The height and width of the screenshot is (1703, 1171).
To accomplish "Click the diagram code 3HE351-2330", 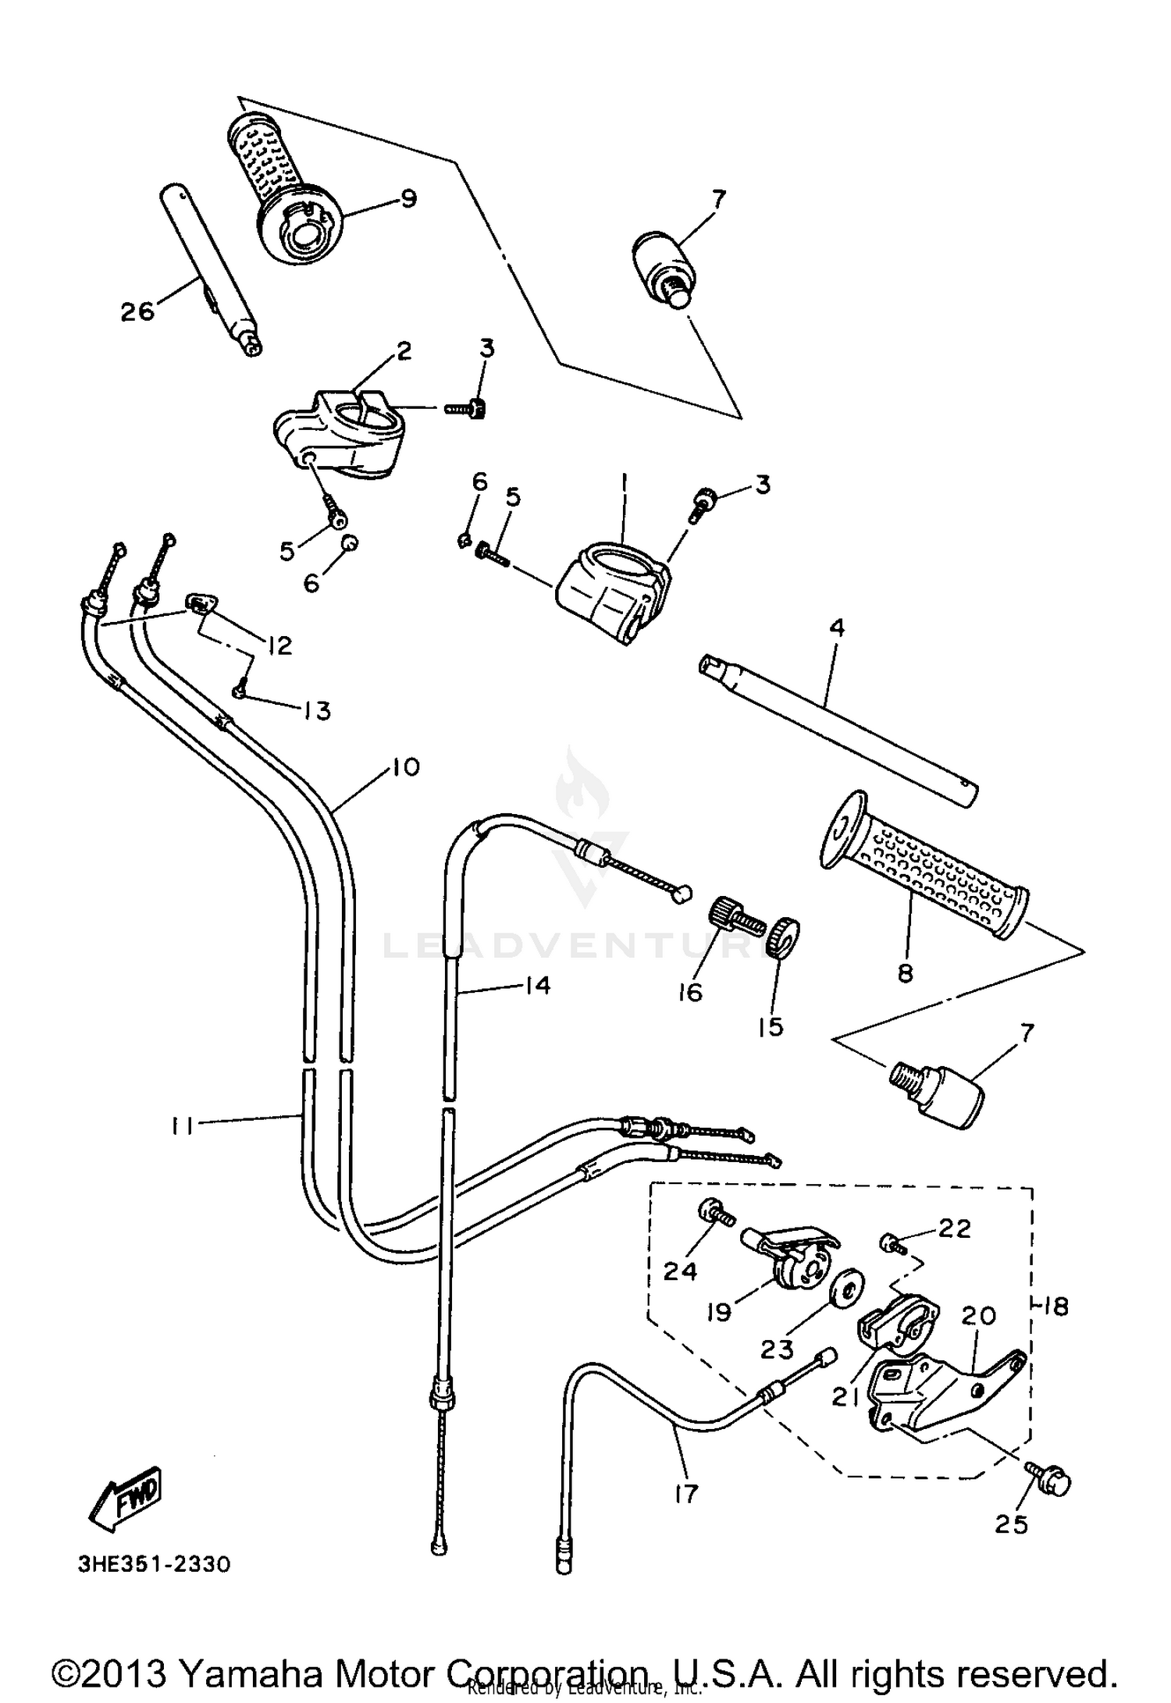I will pos(154,1565).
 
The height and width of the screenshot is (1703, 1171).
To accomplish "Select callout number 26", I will pos(137,311).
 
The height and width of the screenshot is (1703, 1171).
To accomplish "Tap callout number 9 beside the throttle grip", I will pos(408,198).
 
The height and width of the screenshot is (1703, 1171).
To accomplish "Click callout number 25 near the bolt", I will pos(1013,1523).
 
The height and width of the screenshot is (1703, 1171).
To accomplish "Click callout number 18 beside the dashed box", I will pos(1055,1306).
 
